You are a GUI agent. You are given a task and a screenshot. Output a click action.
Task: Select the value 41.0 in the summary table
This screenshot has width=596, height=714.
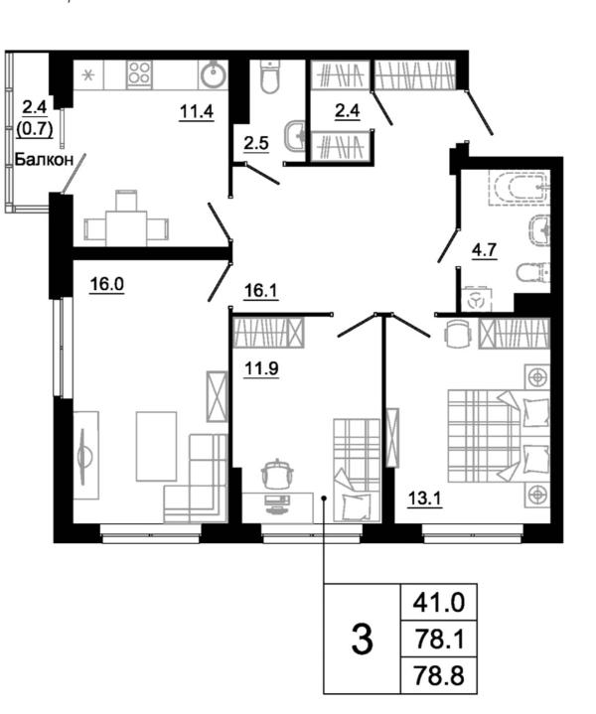(437, 602)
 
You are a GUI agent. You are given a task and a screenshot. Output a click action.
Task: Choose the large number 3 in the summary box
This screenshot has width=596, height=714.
(363, 640)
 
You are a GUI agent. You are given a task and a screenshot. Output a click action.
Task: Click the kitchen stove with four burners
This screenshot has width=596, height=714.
(139, 73)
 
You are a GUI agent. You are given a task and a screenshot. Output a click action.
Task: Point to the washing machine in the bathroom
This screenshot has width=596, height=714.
(476, 300)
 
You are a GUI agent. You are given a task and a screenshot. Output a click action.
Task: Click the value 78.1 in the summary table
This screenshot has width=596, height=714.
(437, 639)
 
